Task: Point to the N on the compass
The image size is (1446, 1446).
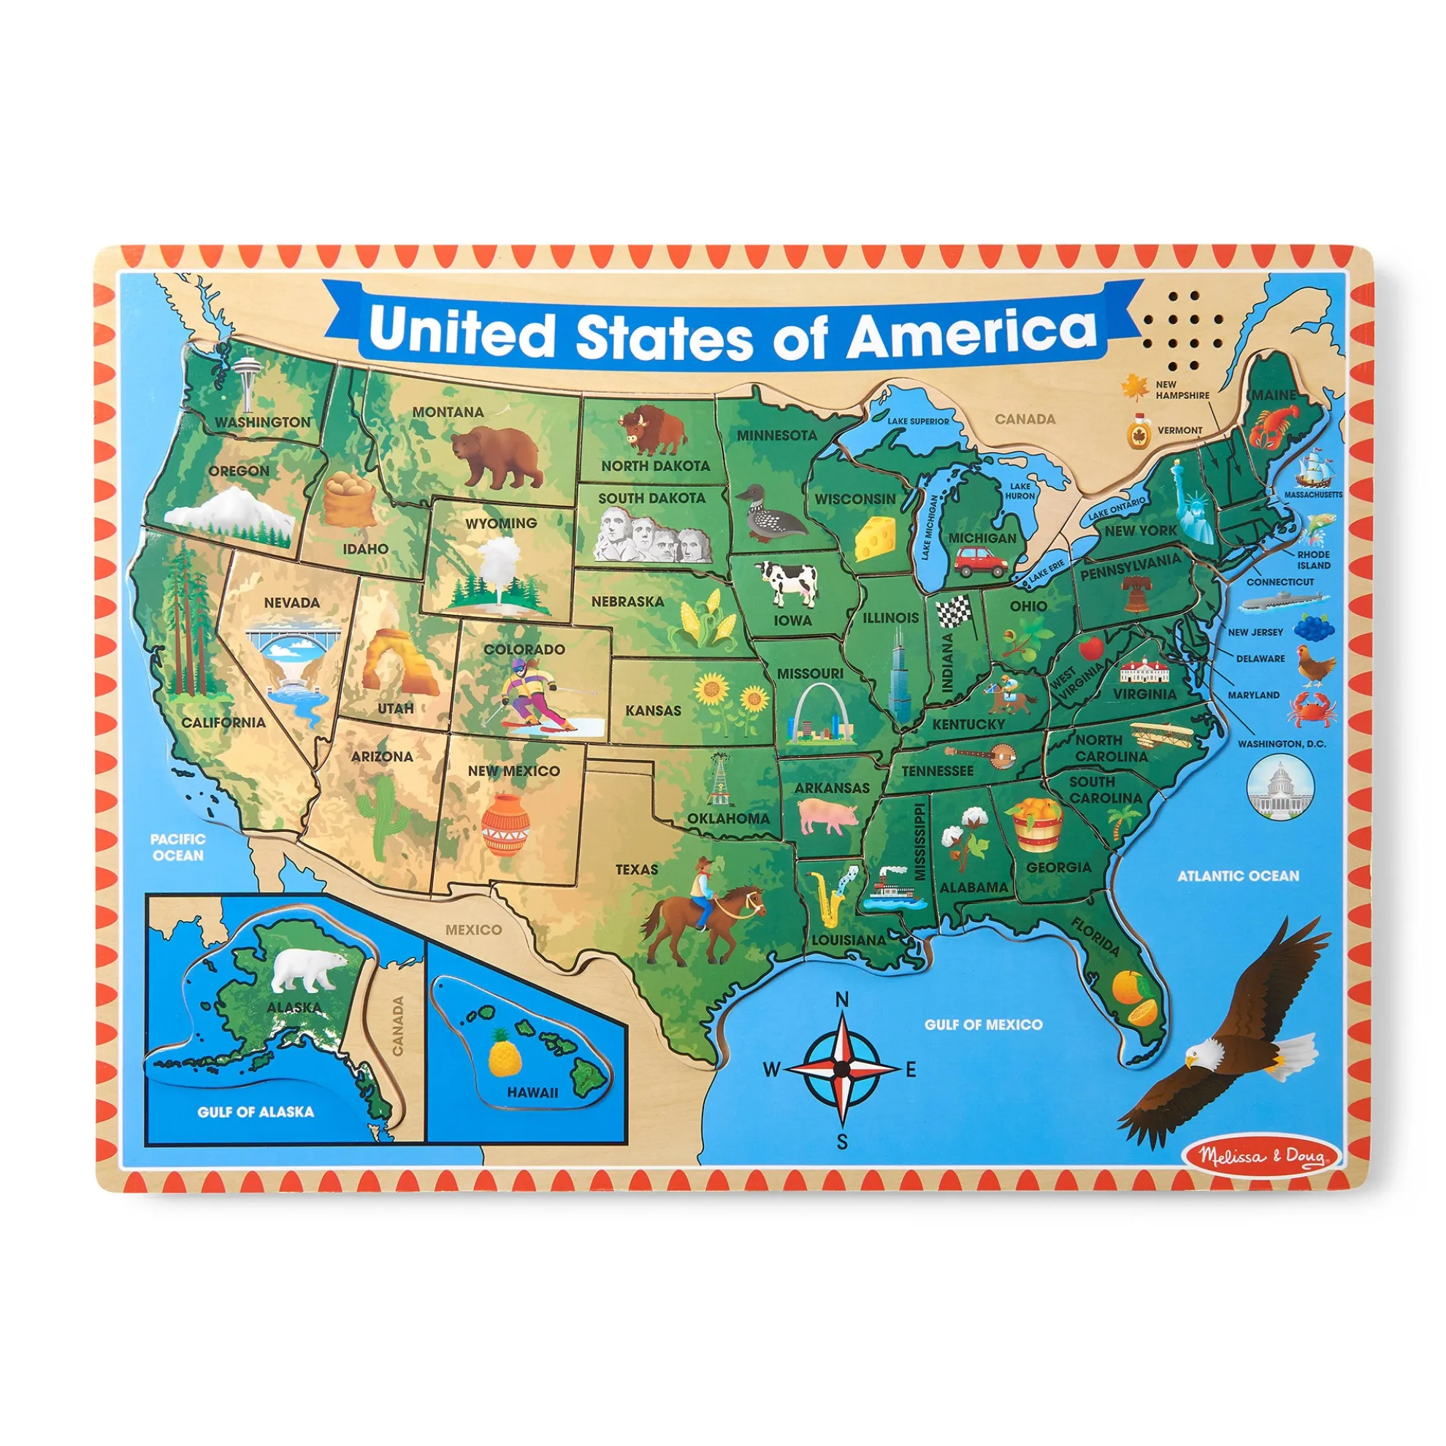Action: coord(842,1000)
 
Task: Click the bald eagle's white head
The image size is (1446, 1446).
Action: coord(1203,1056)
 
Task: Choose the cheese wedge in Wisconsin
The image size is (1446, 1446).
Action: coord(875,538)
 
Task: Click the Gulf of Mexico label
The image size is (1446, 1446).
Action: coord(983,1025)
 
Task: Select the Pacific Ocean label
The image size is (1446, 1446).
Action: coord(177,847)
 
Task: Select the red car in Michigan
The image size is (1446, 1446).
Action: coord(982,560)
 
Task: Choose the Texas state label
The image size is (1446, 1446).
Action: coord(637,869)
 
